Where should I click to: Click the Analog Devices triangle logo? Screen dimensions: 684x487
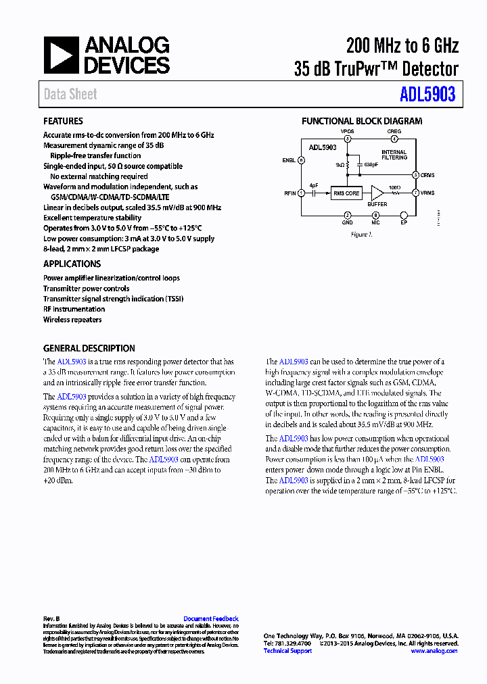tap(62, 55)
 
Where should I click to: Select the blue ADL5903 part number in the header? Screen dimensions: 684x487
tap(427, 95)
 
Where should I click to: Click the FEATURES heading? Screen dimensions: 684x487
tap(63, 121)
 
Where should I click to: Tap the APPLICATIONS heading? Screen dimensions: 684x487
tap(72, 264)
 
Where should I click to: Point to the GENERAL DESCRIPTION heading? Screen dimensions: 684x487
tap(89, 349)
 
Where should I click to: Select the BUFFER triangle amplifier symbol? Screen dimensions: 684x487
tap(377, 193)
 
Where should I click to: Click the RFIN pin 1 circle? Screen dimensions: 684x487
tap(301, 193)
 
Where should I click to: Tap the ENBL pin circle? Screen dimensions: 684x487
tap(301, 160)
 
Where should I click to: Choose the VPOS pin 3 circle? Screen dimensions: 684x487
tap(347, 139)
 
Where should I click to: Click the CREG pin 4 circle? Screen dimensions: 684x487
tap(394, 139)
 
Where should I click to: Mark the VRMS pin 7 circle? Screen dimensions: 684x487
tap(415, 193)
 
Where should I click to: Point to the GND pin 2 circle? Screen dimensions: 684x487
tap(347, 215)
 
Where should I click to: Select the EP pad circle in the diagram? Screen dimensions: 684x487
tap(404, 215)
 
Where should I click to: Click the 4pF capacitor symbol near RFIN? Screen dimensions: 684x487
tap(315, 193)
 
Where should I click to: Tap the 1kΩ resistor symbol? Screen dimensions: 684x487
tap(347, 164)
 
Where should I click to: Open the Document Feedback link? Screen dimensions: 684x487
tap(210, 618)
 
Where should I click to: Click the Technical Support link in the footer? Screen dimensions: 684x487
tap(287, 651)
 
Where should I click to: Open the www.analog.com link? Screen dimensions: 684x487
tap(434, 651)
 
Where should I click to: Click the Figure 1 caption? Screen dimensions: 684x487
tap(361, 235)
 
